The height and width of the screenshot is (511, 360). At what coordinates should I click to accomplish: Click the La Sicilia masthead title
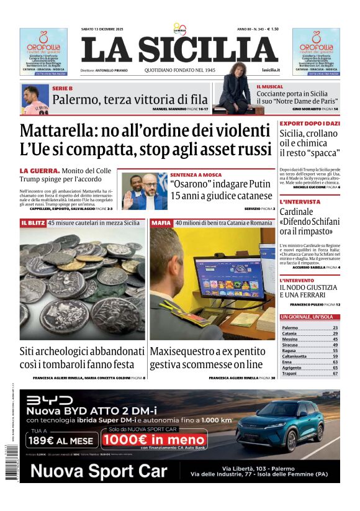coord(179,50)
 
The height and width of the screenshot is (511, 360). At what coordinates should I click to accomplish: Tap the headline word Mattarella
coord(68,131)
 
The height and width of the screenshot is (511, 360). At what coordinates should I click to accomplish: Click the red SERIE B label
coord(62,89)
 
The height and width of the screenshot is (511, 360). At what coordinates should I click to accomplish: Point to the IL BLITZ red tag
coord(32,222)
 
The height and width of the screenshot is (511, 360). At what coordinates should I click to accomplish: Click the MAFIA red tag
coord(161,222)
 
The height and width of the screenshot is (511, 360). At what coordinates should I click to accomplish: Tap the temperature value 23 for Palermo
coord(335,327)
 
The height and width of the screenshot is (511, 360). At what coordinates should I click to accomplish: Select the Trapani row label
coord(290,374)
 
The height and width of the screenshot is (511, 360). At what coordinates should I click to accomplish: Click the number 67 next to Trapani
coord(335,374)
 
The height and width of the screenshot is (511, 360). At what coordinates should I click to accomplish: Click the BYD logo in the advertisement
coord(49,400)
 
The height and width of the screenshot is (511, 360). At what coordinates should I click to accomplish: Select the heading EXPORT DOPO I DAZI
coord(308,124)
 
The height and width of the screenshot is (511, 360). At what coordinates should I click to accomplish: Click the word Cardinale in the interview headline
coord(300,212)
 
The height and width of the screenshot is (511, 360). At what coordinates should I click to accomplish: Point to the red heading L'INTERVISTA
coord(300,202)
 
